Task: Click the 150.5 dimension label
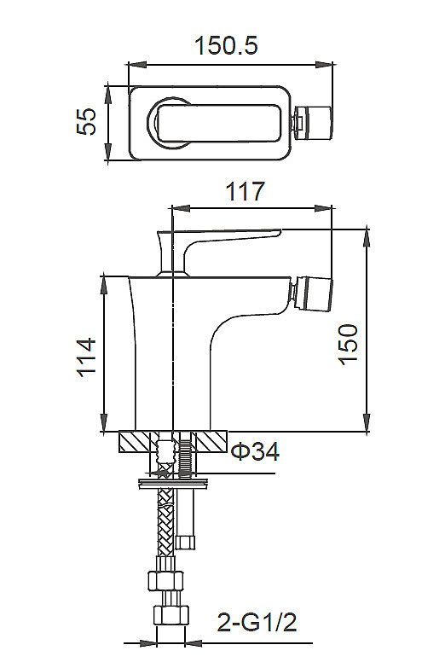click(x=226, y=45)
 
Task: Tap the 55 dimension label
click(x=87, y=121)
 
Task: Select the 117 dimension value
click(x=246, y=191)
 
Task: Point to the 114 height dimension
click(x=87, y=357)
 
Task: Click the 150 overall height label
click(x=348, y=344)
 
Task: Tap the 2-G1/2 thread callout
click(x=257, y=623)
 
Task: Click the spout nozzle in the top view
click(x=311, y=124)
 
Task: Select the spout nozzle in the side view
click(x=311, y=293)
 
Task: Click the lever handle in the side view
click(x=213, y=248)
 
